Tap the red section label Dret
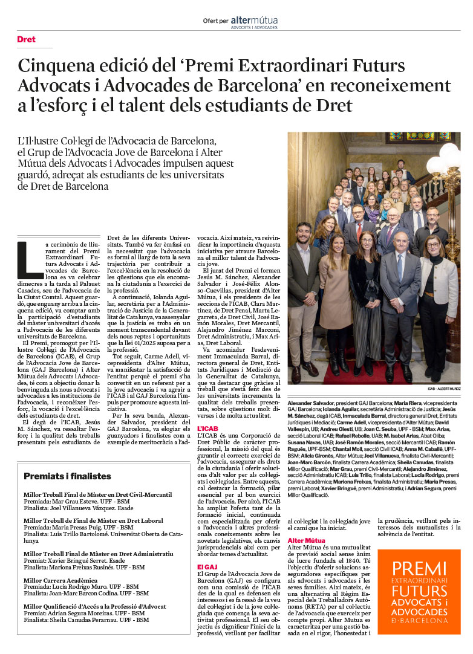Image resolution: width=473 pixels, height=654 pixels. coord(26,39)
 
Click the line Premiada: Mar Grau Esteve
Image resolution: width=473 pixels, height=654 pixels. coord(77,502)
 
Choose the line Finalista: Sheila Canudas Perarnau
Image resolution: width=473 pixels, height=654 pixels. coord(86,620)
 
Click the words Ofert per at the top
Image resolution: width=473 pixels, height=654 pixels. coord(216,21)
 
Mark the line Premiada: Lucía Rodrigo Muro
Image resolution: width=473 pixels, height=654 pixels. coord(81,586)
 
